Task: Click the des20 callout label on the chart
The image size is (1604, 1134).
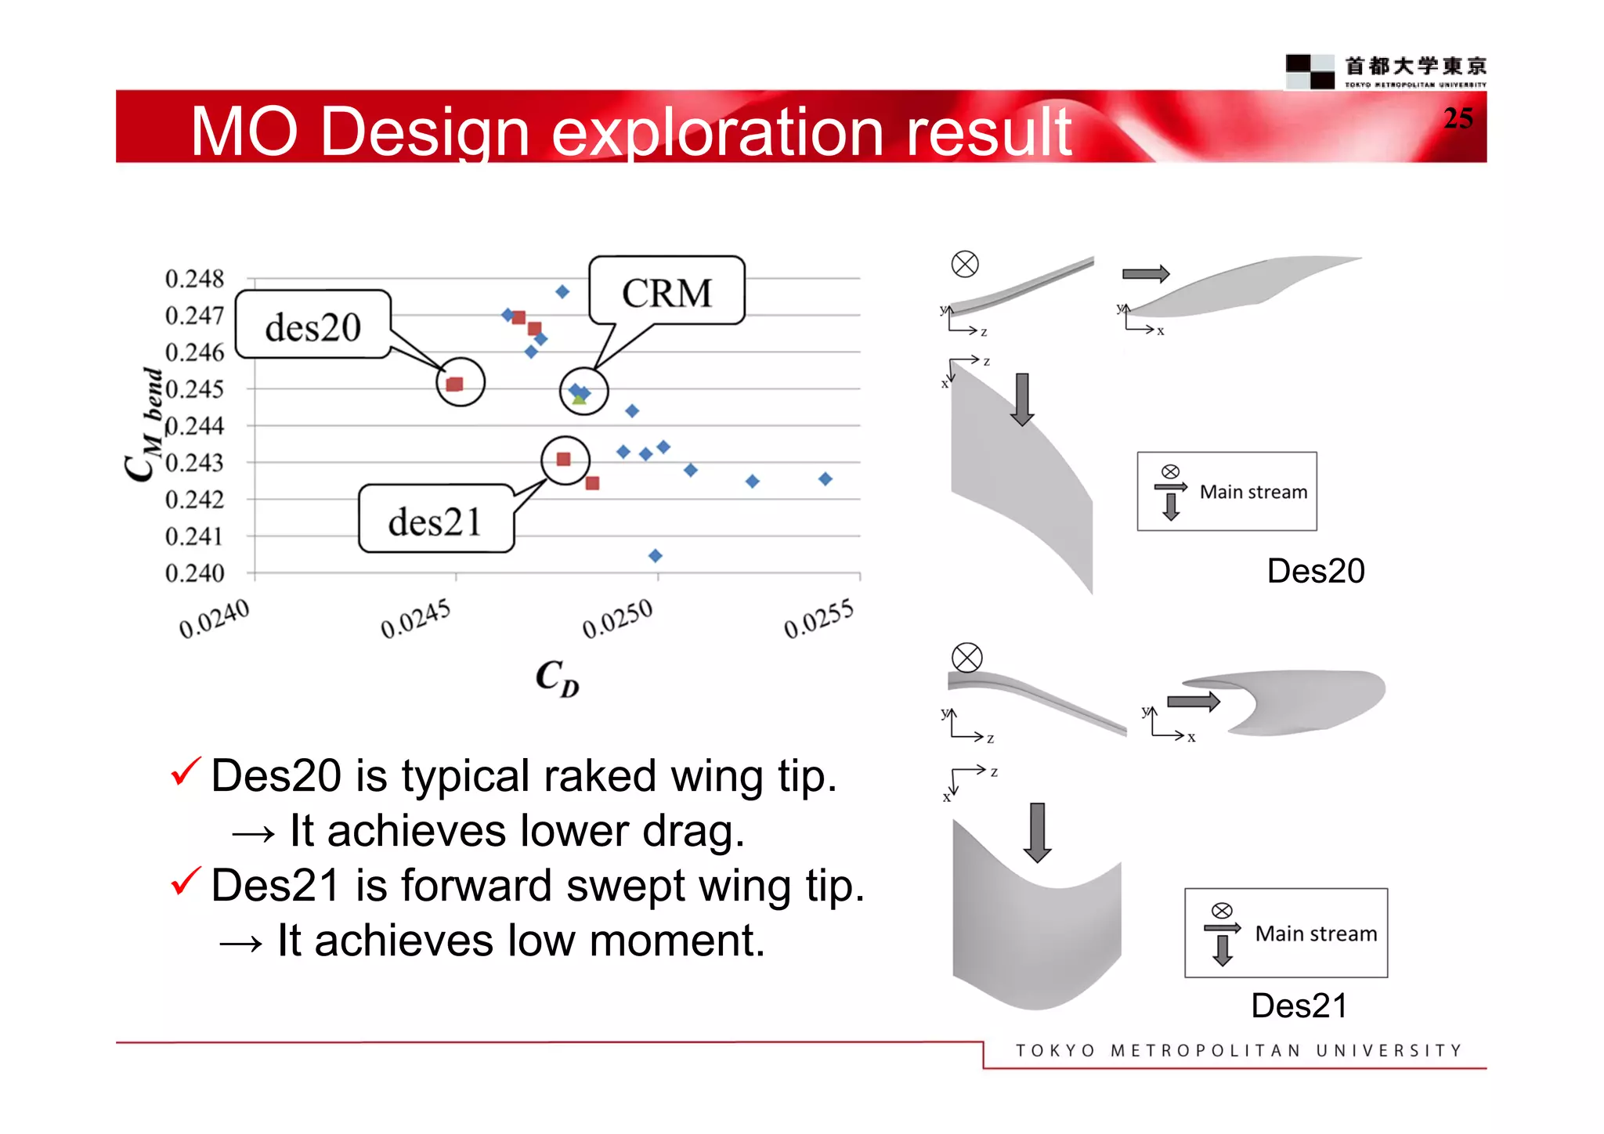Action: coord(313,326)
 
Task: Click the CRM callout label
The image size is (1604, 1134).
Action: coord(667,292)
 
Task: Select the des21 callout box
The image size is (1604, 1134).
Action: coord(435,520)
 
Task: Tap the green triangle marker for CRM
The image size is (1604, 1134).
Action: coord(579,399)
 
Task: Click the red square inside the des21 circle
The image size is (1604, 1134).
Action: coord(563,459)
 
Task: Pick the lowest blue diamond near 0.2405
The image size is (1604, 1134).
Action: coord(656,555)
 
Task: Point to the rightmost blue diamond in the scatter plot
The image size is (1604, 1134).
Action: coord(825,479)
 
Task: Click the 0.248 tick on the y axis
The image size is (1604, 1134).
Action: coord(194,279)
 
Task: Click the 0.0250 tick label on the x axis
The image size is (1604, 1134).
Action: coord(617,619)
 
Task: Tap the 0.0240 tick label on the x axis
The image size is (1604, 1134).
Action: coord(214,619)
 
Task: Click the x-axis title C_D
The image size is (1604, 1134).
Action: coord(557,677)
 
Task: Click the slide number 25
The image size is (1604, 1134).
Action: coord(1458,118)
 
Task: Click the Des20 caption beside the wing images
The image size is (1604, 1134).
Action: coord(1315,571)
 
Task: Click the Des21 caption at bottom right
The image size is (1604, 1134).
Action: coord(1299,1006)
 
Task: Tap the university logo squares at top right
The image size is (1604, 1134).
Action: coord(1310,71)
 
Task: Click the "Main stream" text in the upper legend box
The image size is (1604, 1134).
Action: coord(1253,492)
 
